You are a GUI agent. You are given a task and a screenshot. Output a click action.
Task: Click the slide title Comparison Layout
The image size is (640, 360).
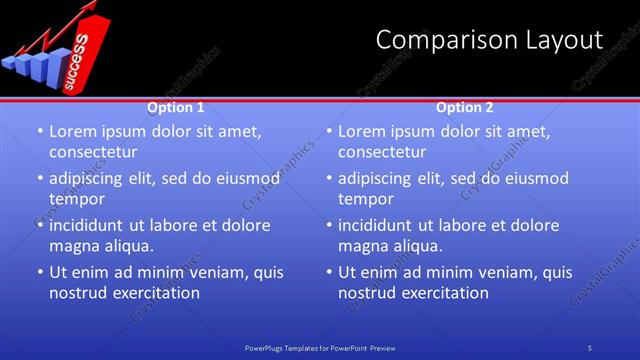coord(489,40)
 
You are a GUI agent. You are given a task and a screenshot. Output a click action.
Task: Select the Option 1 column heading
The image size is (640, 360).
coord(176,107)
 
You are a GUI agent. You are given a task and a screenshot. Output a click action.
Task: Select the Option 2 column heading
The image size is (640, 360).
coord(465,107)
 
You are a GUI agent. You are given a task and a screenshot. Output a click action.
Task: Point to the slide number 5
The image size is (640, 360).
coord(590,347)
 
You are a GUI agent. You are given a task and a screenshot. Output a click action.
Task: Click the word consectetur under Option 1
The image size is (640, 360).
coord(92,152)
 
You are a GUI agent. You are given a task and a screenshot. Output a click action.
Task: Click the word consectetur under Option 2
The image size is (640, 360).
coord(381,152)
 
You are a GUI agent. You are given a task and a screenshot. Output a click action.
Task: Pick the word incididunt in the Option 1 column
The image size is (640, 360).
coord(90,225)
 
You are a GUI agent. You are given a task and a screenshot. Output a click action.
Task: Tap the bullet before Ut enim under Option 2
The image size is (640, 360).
coord(328,273)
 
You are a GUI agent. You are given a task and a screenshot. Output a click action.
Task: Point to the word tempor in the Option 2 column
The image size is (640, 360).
coord(365,199)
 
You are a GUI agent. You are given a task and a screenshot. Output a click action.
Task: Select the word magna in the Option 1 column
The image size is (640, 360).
coord(75,246)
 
